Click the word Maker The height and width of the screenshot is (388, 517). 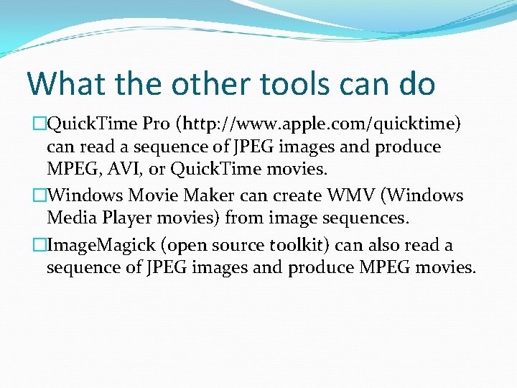click(213, 195)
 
